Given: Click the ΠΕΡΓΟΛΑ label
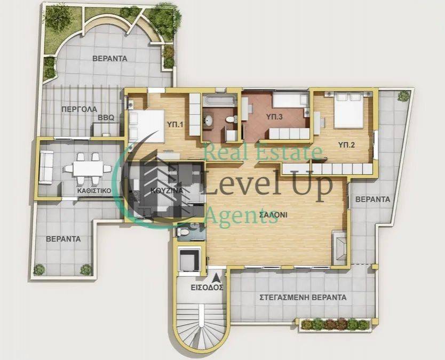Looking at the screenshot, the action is [x=80, y=109].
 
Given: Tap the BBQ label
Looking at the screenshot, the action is [x=106, y=118].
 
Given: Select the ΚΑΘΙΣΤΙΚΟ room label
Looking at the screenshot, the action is [x=94, y=190].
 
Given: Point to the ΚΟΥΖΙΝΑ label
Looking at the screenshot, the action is [x=167, y=190].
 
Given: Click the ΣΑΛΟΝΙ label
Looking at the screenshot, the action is [x=273, y=215].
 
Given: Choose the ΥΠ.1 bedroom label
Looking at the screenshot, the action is [x=175, y=124].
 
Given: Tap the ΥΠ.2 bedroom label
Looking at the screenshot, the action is [x=346, y=145].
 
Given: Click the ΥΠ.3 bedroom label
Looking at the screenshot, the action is [x=274, y=117].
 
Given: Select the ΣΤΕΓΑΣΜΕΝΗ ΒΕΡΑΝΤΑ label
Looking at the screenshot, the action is [x=303, y=298].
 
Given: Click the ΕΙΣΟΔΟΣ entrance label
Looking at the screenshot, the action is [x=207, y=287].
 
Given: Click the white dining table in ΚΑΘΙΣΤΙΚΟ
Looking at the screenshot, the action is [x=88, y=169].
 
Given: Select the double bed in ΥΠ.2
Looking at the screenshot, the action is [x=348, y=110].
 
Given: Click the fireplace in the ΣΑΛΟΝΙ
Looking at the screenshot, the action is [x=339, y=247].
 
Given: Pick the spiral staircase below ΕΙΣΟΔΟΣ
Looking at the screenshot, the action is [x=201, y=326].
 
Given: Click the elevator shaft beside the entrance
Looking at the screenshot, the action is [x=189, y=261].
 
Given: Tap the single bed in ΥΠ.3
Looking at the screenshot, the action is [x=290, y=100].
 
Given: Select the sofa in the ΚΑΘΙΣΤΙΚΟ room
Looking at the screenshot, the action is [x=46, y=167].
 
